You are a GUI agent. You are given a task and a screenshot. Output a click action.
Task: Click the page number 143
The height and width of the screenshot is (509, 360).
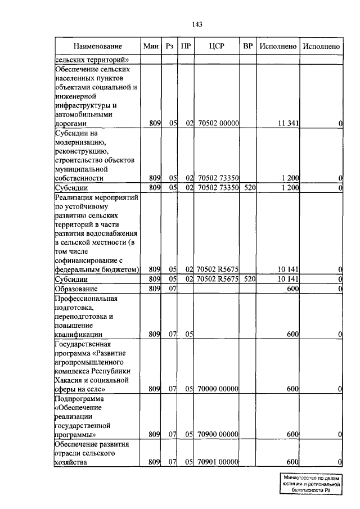click(197, 24)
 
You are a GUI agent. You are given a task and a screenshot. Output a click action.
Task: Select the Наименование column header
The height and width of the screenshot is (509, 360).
click(97, 46)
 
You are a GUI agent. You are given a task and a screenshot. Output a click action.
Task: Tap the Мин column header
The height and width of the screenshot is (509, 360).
click(151, 46)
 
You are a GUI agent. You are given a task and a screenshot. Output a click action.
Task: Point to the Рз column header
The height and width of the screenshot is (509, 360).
click(170, 46)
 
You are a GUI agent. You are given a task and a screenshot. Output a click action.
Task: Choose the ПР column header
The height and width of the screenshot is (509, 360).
click(186, 46)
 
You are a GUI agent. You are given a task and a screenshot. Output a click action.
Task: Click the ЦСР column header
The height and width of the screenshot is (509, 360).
click(217, 46)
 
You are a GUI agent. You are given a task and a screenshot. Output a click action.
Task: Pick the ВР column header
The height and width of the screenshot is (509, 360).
click(247, 46)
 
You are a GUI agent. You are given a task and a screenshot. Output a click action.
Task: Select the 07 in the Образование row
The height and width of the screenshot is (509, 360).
click(172, 289)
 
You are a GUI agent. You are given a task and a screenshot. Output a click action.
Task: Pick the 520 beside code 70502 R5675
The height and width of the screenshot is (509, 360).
click(248, 279)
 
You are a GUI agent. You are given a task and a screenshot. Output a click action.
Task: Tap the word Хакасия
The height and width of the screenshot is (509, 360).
click(71, 380)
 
